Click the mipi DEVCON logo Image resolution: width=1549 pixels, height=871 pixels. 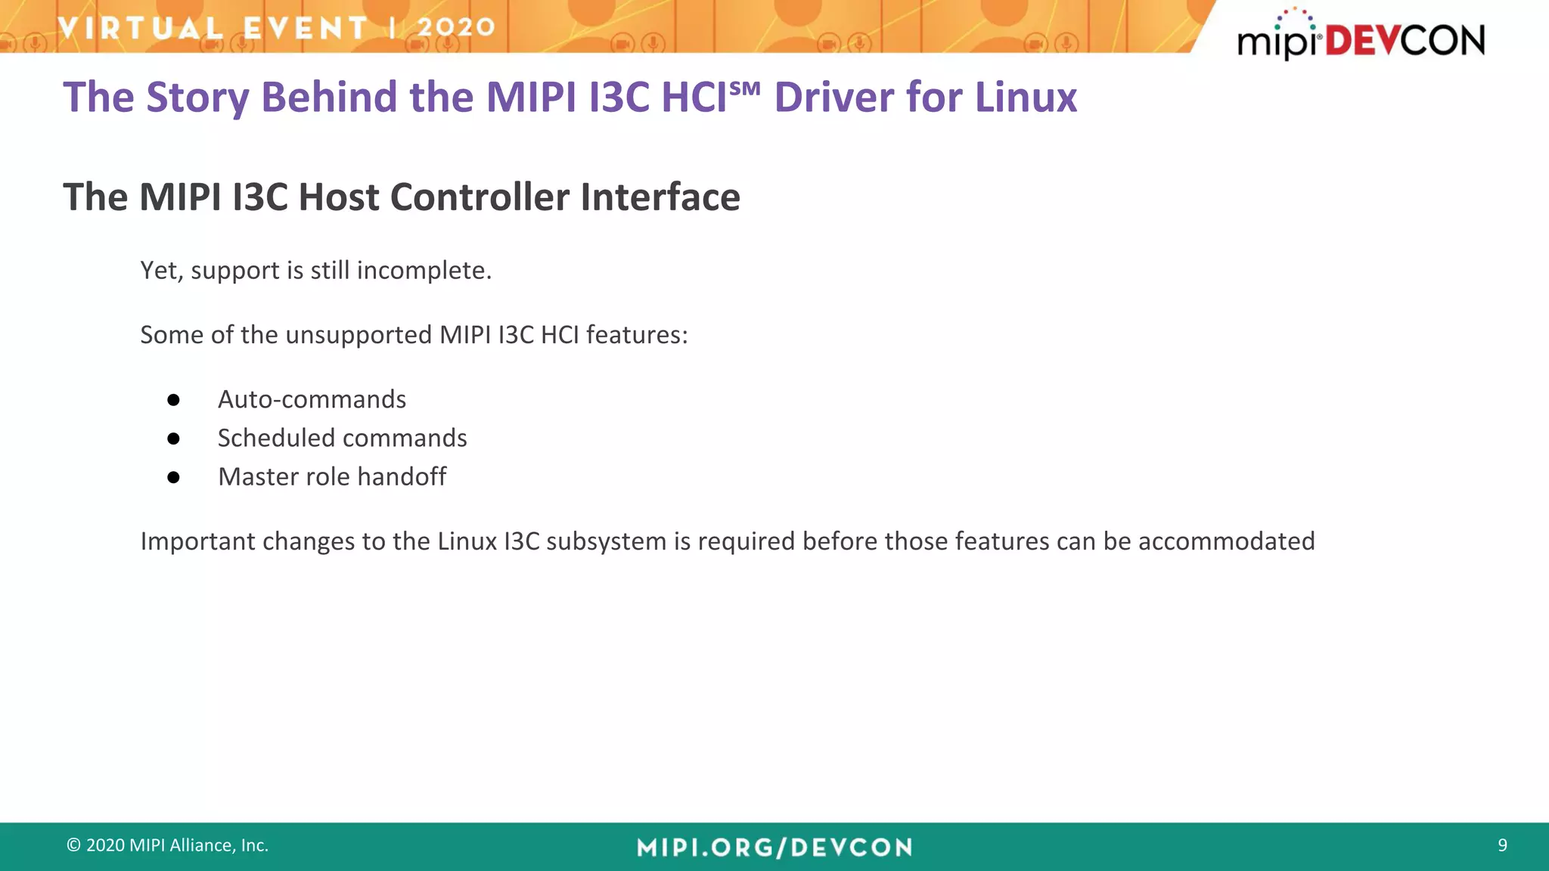pos(1360,36)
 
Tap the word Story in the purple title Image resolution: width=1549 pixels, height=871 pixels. pos(197,98)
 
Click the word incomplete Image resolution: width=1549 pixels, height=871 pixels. pos(424,271)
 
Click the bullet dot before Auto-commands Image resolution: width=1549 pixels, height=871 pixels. pos(173,400)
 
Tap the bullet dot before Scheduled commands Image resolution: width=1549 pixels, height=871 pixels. pos(173,439)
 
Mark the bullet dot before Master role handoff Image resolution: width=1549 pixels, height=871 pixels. pos(173,477)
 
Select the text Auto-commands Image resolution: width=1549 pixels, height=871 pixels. pos(312,399)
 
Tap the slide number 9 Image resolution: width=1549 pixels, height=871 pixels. pos(1502,845)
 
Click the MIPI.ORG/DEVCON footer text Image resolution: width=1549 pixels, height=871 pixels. pos(774,848)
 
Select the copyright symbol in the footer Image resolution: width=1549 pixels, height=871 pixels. pos(73,845)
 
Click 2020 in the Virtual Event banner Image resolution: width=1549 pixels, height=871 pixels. pos(456,28)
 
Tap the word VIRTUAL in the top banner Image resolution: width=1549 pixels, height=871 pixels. pos(141,28)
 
